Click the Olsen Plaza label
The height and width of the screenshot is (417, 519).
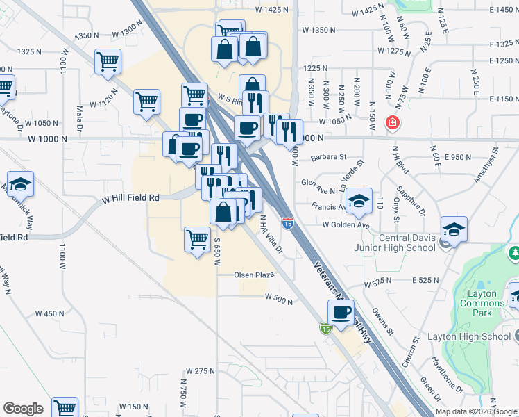[255, 275]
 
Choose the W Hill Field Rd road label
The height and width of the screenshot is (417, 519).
[130, 198]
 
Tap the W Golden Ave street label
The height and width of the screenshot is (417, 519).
[346, 225]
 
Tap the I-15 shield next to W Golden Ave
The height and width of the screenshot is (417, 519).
[287, 223]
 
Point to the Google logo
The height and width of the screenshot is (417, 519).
[23, 409]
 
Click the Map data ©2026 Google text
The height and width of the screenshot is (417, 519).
[475, 411]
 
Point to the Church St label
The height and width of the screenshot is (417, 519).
[414, 352]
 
